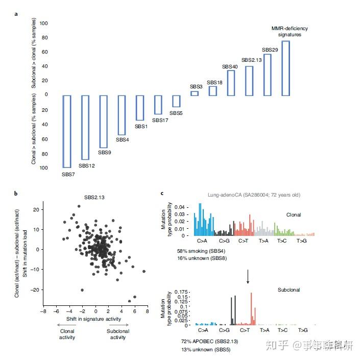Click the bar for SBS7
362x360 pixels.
pyautogui.click(x=67, y=131)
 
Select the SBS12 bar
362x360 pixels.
pyautogui.click(x=85, y=127)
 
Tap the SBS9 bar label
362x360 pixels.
pyautogui.click(x=104, y=152)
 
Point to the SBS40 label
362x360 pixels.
pyautogui.click(x=230, y=67)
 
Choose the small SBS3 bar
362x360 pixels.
pyautogui.click(x=195, y=93)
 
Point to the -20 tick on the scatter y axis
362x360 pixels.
pyautogui.click(x=36, y=290)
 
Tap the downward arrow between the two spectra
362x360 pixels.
pyautogui.click(x=248, y=277)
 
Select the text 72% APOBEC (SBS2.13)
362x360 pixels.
pyautogui.click(x=205, y=341)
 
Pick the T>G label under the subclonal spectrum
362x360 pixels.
pyautogui.click(x=303, y=330)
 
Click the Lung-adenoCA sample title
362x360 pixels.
pyautogui.click(x=246, y=195)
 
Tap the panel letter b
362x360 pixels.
pyautogui.click(x=16, y=194)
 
